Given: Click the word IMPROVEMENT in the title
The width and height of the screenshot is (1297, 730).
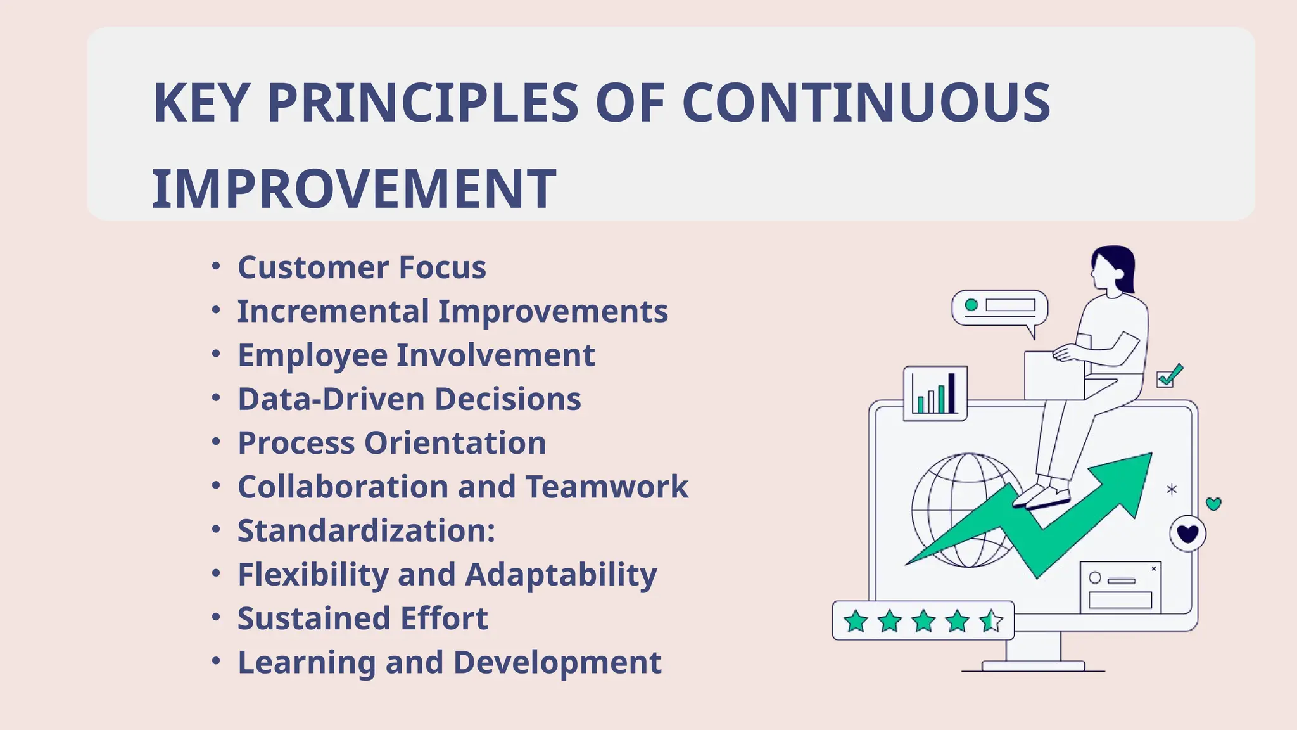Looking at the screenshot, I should [353, 189].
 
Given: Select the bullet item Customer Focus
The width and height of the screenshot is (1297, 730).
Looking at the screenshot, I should [362, 267].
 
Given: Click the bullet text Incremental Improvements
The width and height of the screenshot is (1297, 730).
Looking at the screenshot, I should [452, 311].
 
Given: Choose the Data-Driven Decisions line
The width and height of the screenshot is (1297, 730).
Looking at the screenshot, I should [409, 399].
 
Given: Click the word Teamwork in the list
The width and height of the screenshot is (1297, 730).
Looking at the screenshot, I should [606, 487].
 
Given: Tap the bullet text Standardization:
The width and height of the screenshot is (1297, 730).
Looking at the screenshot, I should [366, 530].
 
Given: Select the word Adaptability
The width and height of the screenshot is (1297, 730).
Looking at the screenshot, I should [560, 575].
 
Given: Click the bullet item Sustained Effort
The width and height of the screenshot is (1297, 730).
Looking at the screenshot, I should [362, 618].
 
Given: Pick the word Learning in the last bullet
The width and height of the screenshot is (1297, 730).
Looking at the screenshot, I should [307, 663].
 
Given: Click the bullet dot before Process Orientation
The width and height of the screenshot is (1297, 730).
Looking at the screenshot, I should [216, 441].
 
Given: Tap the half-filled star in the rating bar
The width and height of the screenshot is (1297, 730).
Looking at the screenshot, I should [991, 621].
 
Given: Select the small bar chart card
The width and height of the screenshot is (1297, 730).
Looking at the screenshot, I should [935, 394].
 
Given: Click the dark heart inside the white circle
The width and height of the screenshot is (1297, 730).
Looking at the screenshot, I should [1187, 534].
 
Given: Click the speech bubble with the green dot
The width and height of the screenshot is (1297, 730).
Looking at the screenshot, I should [999, 309].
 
